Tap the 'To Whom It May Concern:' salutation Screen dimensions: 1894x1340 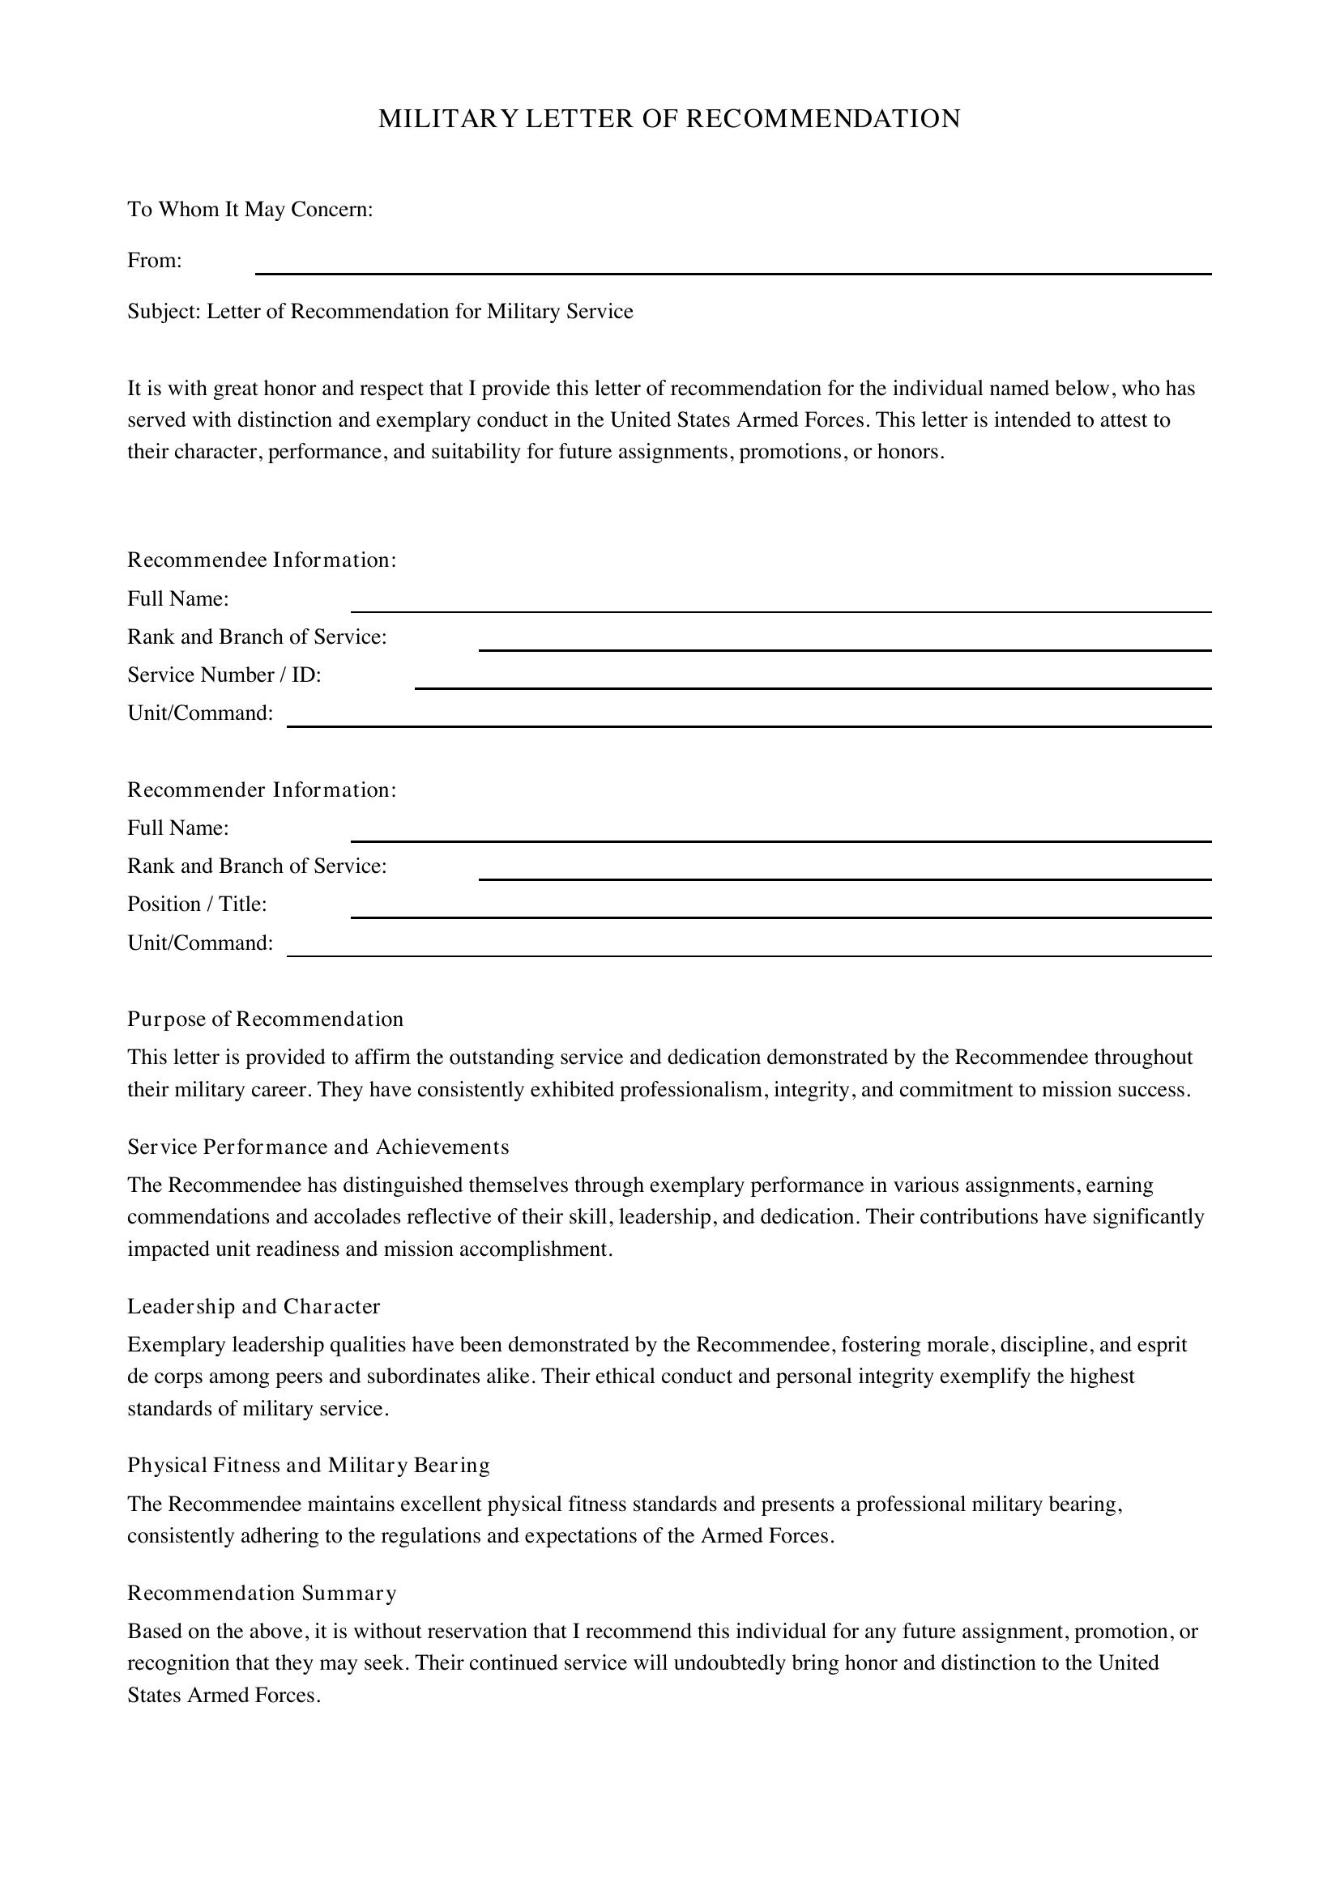pos(250,210)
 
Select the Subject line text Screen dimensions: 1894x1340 pos(379,312)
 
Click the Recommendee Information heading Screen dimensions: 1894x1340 pos(262,560)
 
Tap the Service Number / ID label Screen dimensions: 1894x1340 pos(224,675)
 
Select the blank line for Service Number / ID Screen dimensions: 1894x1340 pos(813,679)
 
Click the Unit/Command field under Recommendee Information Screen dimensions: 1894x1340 pos(749,717)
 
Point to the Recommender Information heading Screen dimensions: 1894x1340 pos(262,790)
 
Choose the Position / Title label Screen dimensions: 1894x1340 pos(196,904)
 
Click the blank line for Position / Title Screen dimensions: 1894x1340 pos(780,909)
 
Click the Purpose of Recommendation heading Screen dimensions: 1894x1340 pos(265,1019)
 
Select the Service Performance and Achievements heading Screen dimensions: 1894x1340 pos(318,1147)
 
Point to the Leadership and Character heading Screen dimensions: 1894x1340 pos(254,1307)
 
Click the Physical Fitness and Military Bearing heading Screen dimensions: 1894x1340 pos(308,1466)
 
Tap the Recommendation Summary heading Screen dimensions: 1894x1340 pos(262,1593)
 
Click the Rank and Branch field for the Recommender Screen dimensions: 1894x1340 pos(844,871)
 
